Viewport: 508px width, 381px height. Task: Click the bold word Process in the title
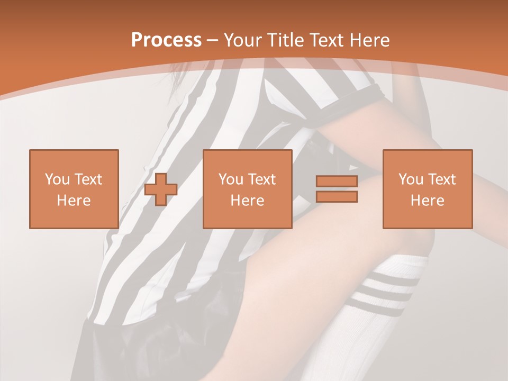coord(166,40)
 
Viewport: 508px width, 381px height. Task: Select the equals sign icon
coord(337,189)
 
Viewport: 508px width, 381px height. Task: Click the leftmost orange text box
coord(74,189)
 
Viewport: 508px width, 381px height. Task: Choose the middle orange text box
coord(247,189)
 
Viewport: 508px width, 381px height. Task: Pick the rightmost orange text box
coord(427,189)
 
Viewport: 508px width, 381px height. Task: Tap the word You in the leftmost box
coord(57,179)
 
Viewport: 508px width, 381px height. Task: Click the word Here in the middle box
coord(247,201)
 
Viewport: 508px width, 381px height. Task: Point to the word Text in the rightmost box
coord(442,179)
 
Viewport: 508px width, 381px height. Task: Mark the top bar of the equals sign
coord(337,181)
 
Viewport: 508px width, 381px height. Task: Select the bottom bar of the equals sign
coord(337,197)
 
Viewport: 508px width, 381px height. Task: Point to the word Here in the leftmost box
coord(74,201)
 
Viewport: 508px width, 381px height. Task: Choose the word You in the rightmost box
coord(411,179)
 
